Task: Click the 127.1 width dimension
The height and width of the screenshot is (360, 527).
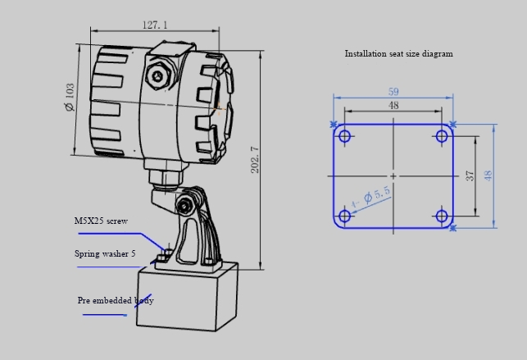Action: [154, 25]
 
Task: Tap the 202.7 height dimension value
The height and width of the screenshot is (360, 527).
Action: [255, 160]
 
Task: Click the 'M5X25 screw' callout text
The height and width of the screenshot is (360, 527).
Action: [102, 221]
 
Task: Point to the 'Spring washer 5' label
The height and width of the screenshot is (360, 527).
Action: [105, 254]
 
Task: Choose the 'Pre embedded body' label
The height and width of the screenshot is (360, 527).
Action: [116, 300]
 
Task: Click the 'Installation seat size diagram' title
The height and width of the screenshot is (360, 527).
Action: [398, 54]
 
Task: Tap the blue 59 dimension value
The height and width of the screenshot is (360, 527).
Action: [393, 92]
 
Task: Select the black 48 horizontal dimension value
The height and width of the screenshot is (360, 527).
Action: [393, 105]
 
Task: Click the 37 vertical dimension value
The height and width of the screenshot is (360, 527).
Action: [470, 176]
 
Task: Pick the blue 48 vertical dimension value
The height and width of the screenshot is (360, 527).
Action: [488, 176]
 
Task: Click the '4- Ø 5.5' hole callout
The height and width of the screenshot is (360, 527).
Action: [371, 197]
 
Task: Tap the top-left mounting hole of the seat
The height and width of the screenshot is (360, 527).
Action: [345, 136]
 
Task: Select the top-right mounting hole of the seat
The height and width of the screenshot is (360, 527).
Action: [442, 136]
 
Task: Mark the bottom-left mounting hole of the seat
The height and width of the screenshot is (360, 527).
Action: [345, 216]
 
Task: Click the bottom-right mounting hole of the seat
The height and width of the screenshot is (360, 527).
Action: [442, 216]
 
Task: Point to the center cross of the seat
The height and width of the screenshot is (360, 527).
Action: [393, 176]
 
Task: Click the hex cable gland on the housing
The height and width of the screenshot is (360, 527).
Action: [157, 77]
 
